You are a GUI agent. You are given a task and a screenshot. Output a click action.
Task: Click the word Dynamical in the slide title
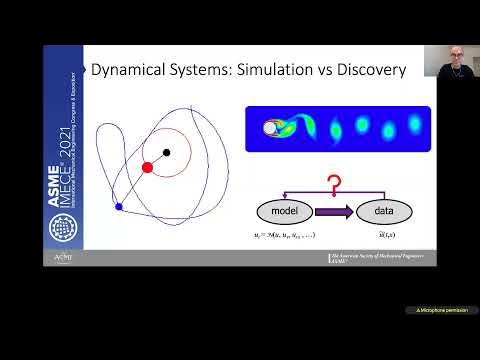point(132,70)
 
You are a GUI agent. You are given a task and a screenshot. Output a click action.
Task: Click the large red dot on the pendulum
point(147,167)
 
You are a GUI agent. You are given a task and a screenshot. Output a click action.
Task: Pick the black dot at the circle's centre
point(166,152)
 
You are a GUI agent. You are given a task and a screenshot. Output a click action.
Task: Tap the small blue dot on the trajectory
point(119,207)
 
